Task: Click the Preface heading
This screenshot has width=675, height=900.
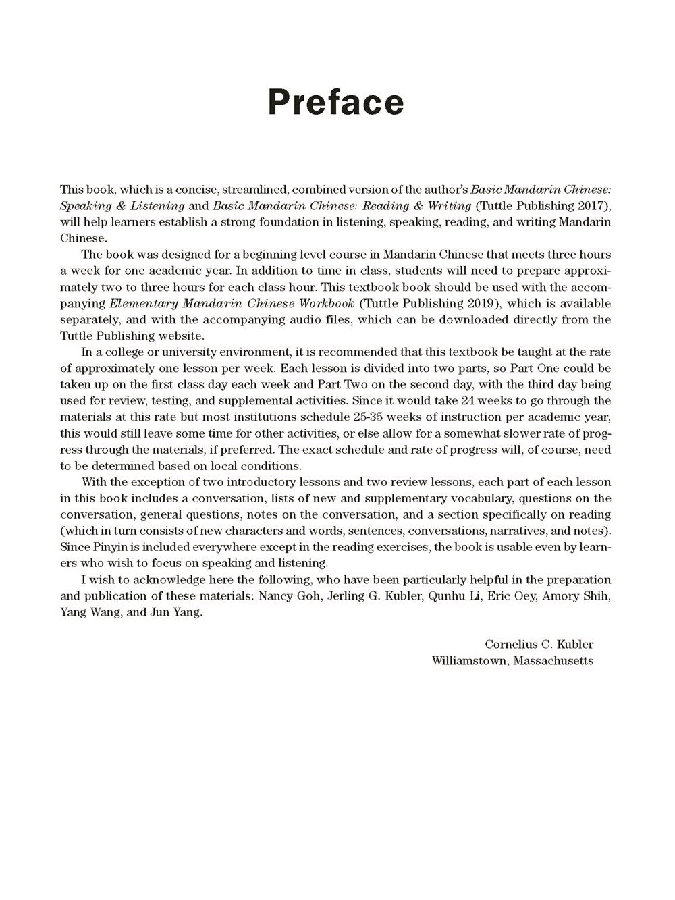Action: tap(336, 102)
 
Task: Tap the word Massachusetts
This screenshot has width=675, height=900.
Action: tap(553, 661)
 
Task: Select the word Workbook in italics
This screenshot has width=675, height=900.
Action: tap(327, 303)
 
